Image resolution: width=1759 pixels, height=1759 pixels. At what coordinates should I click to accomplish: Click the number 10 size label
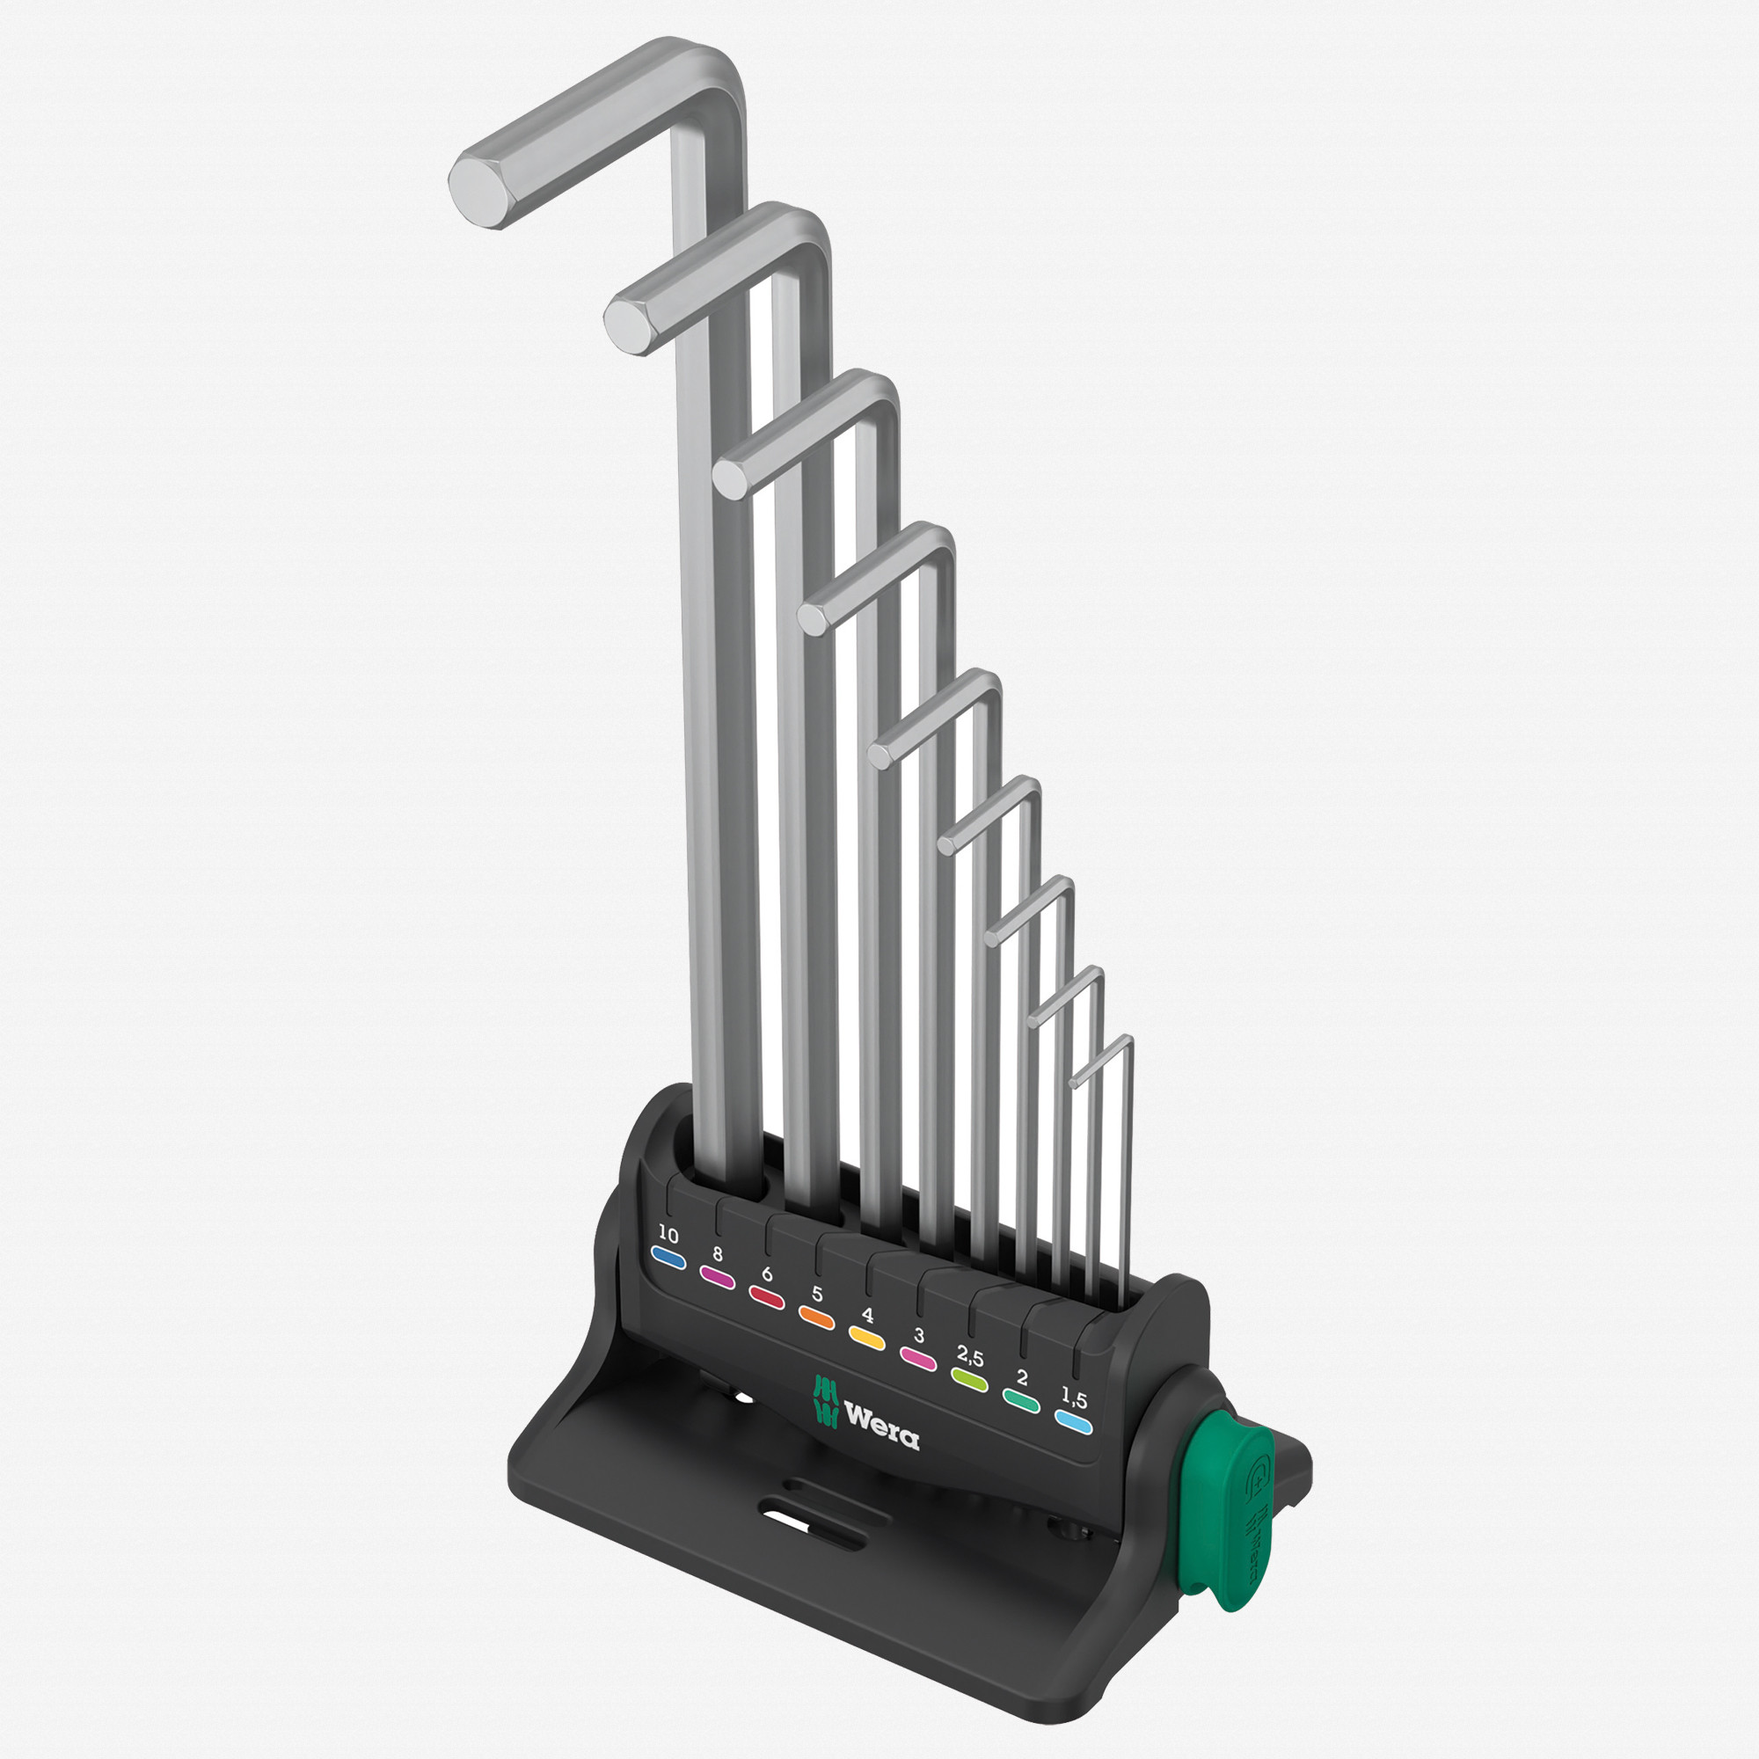(668, 1236)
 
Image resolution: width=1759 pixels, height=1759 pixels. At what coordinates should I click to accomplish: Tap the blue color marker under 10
(669, 1259)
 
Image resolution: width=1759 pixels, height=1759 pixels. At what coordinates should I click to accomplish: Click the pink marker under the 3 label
(917, 1357)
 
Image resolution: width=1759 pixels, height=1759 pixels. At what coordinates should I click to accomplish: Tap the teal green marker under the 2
(1021, 1399)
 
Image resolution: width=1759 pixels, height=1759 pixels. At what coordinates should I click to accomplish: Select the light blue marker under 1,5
(1073, 1422)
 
